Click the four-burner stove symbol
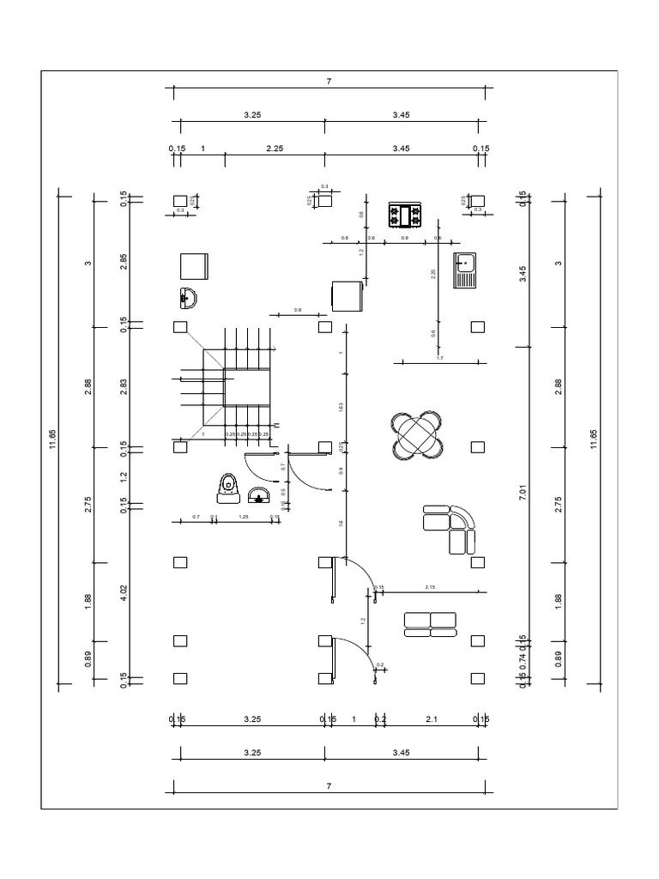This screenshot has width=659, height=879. click(406, 215)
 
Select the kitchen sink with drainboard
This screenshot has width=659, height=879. click(465, 270)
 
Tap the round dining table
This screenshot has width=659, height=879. click(417, 436)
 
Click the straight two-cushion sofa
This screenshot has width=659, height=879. click(430, 625)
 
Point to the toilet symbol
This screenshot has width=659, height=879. click(228, 487)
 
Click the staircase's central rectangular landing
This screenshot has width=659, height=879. click(247, 388)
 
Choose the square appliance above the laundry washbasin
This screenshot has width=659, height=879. click(194, 266)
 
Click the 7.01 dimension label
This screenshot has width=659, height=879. click(523, 495)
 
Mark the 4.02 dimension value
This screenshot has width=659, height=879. click(124, 595)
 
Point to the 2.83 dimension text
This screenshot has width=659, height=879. click(124, 386)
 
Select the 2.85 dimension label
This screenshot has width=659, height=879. click(124, 263)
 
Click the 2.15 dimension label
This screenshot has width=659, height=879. click(431, 587)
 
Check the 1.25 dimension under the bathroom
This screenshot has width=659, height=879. click(243, 517)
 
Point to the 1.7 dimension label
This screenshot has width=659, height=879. click(439, 357)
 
